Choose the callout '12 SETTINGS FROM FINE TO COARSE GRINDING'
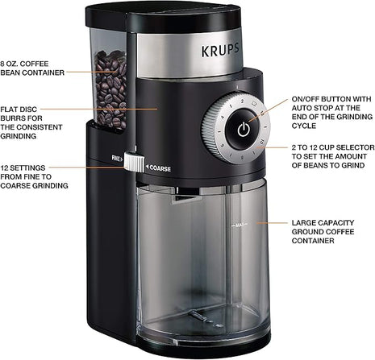[34, 178]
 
